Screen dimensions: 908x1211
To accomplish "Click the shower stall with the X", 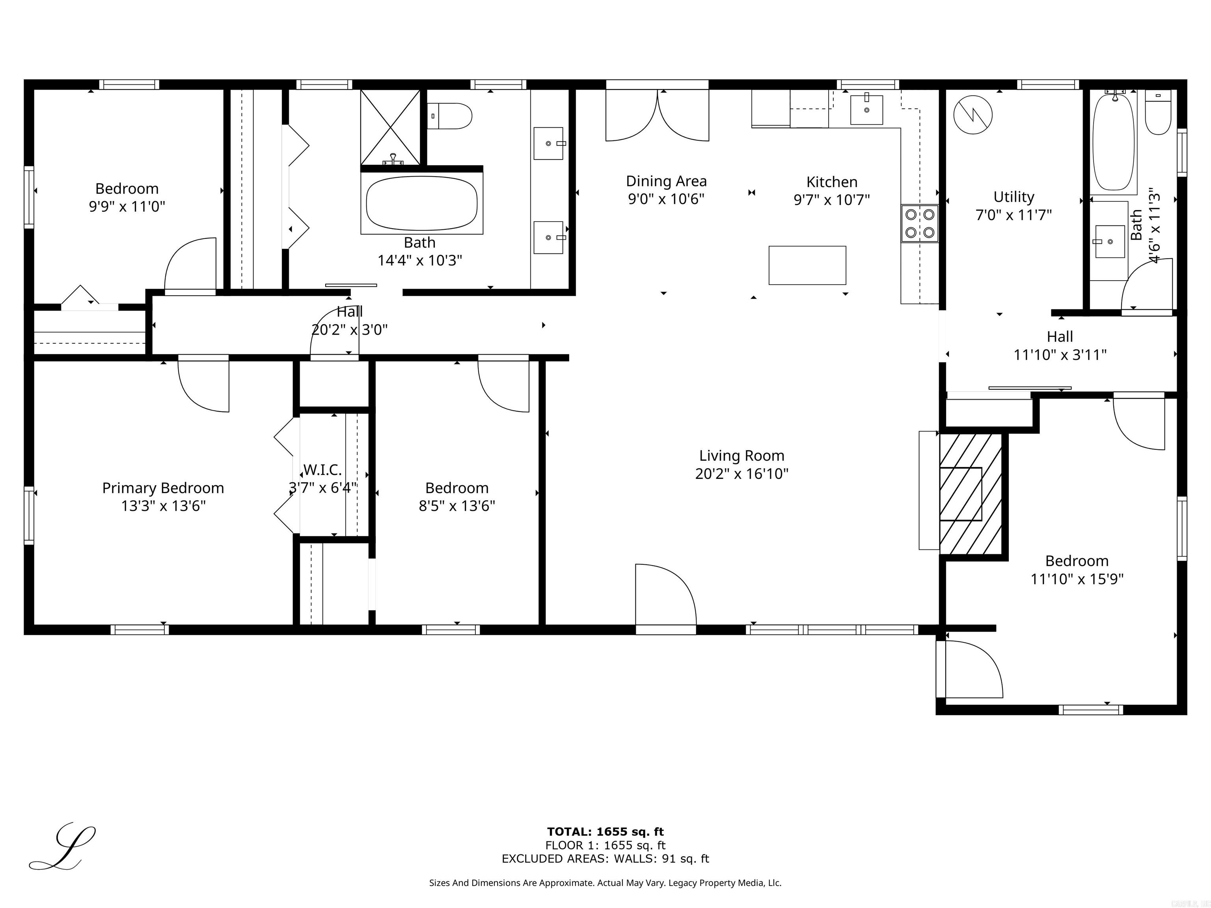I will coord(390,127).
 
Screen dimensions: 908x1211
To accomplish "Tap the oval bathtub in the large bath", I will coord(421,204).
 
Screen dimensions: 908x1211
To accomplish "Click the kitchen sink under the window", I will coord(866,110).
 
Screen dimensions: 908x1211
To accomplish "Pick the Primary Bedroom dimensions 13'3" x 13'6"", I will coord(163,506).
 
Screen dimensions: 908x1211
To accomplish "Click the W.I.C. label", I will coord(322,470).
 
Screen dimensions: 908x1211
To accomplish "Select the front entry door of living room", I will coord(665,597).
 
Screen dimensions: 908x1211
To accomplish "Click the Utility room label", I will coord(1014,197).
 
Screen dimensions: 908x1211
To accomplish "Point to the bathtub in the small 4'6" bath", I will coord(1113,142).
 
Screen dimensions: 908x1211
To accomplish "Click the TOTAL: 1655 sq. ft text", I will coord(605,832).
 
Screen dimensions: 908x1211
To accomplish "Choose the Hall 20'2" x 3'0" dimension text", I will coord(349,329).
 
